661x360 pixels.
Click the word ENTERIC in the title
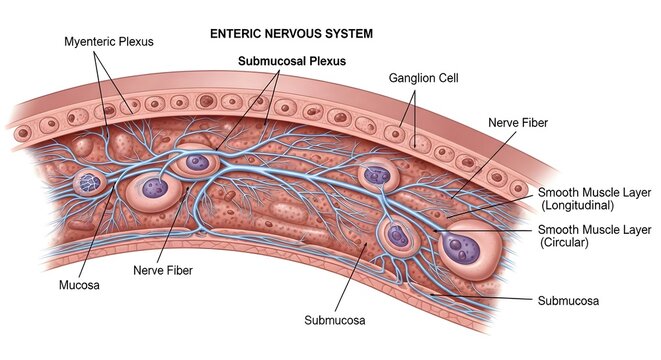[x=234, y=33]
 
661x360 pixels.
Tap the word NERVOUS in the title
[x=291, y=33]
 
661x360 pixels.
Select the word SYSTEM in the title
[x=349, y=33]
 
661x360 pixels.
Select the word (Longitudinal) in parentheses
[x=575, y=206]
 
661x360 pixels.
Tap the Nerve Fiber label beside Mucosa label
[x=164, y=269]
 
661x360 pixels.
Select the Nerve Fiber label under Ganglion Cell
[x=517, y=122]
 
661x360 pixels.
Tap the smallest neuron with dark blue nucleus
[x=88, y=182]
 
